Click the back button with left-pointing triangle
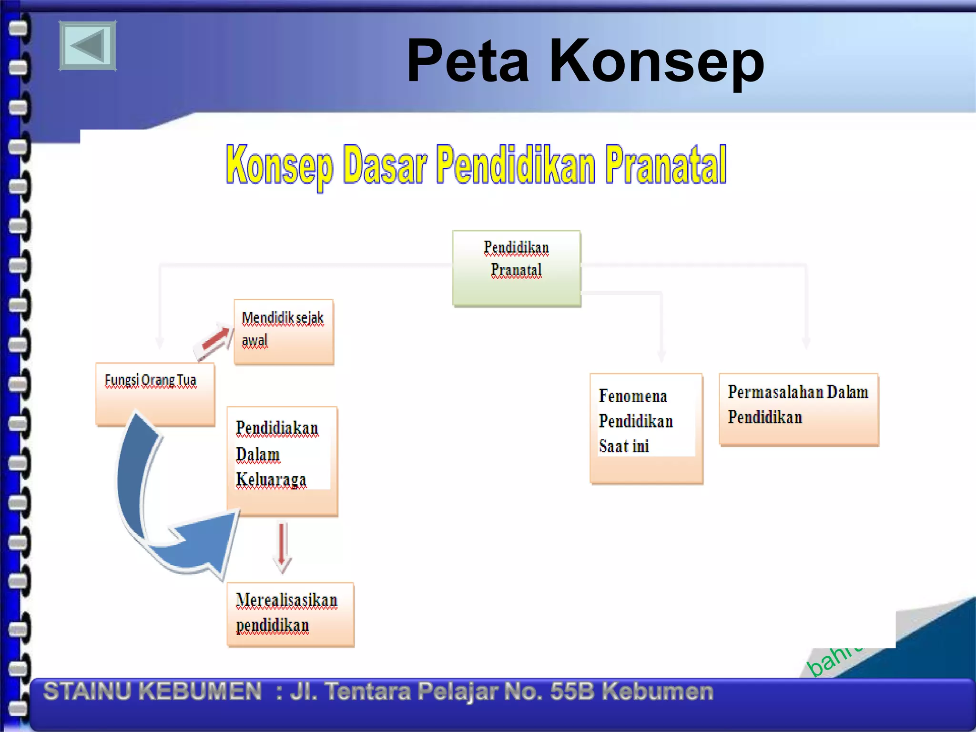tap(88, 46)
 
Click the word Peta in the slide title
tap(468, 61)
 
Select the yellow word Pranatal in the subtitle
tap(666, 165)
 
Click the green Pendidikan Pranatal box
tap(516, 268)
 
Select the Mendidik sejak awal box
tap(284, 331)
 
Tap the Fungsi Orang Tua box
tap(155, 393)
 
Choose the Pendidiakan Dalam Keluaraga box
tap(282, 460)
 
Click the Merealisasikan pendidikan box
tap(290, 614)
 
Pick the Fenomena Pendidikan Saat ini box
tap(646, 428)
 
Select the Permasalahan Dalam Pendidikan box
tap(798, 409)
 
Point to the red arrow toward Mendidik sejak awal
tap(214, 341)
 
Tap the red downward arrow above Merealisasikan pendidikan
tap(282, 547)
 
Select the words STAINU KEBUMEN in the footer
tap(152, 691)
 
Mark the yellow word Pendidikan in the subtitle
tap(516, 165)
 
